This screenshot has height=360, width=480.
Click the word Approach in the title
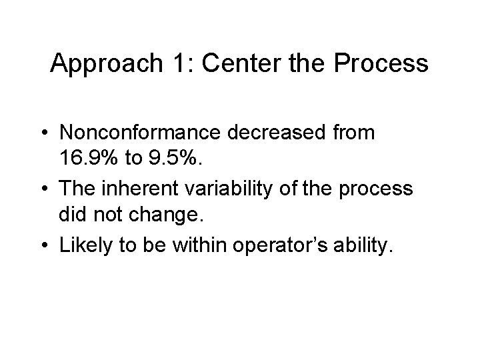click(101, 65)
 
